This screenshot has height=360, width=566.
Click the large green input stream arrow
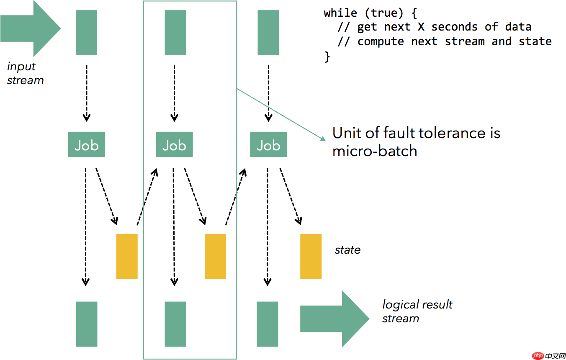pyautogui.click(x=29, y=29)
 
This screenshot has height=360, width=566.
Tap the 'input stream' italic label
pyautogui.click(x=25, y=73)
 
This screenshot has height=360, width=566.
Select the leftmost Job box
pyautogui.click(x=86, y=145)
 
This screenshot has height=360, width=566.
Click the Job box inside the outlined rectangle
pyautogui.click(x=174, y=145)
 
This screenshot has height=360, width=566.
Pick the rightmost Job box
pyautogui.click(x=268, y=145)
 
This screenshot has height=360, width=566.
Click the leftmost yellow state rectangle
pyautogui.click(x=126, y=256)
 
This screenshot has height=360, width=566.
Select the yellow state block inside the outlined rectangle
pyautogui.click(x=215, y=256)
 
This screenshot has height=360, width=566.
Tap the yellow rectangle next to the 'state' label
pyautogui.click(x=311, y=256)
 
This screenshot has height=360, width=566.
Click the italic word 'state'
pyautogui.click(x=347, y=250)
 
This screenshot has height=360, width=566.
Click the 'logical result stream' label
pyautogui.click(x=417, y=311)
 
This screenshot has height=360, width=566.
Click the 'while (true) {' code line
pyautogui.click(x=370, y=13)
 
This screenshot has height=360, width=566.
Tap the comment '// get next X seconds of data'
pyautogui.click(x=434, y=27)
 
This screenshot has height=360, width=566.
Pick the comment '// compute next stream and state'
pyautogui.click(x=444, y=41)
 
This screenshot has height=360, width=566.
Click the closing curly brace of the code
pyautogui.click(x=327, y=57)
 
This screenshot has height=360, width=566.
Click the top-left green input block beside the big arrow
pyautogui.click(x=86, y=33)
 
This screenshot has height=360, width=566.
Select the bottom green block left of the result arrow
pyautogui.click(x=268, y=324)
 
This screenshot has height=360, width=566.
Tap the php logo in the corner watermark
pyautogui.click(x=538, y=356)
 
